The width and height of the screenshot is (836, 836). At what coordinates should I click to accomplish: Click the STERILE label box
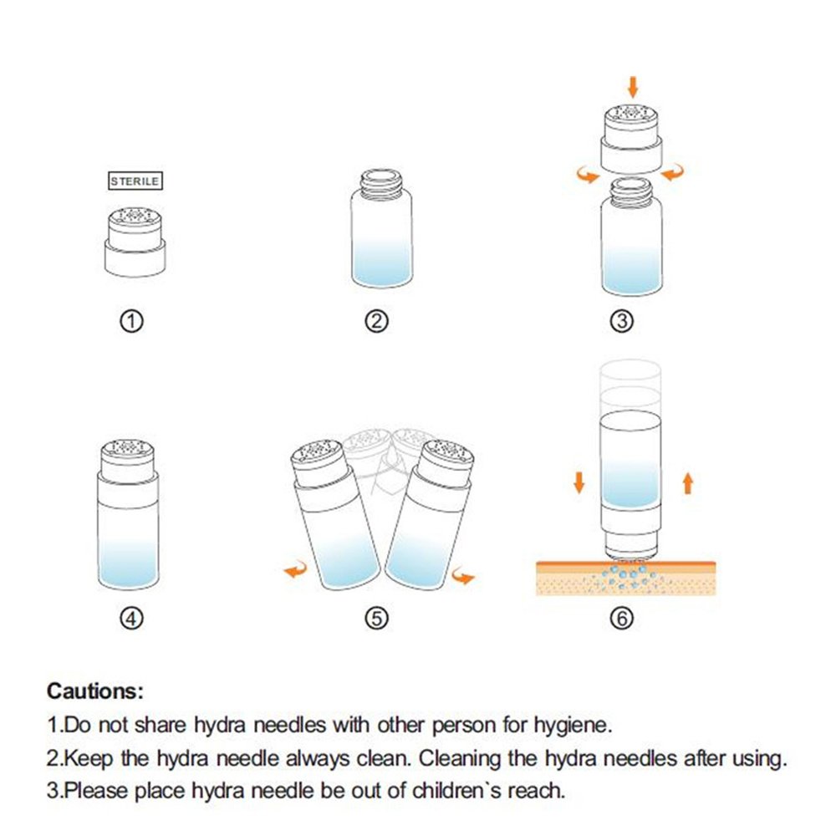[x=135, y=181]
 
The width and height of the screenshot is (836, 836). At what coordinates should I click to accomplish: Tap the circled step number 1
[x=132, y=321]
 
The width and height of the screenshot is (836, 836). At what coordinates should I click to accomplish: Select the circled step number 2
[x=376, y=321]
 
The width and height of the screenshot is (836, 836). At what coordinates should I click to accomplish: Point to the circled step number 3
[x=622, y=321]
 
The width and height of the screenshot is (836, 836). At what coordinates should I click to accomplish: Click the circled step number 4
[x=132, y=619]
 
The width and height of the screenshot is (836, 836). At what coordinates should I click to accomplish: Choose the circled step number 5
[x=376, y=619]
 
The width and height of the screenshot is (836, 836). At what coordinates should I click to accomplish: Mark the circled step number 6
[x=622, y=619]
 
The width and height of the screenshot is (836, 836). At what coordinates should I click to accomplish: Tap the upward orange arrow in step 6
[x=688, y=483]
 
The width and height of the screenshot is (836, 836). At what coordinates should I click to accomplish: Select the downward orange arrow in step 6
[x=579, y=482]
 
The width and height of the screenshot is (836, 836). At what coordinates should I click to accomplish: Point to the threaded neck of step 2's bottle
[x=380, y=182]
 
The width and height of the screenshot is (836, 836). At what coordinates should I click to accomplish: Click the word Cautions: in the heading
[x=95, y=691]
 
